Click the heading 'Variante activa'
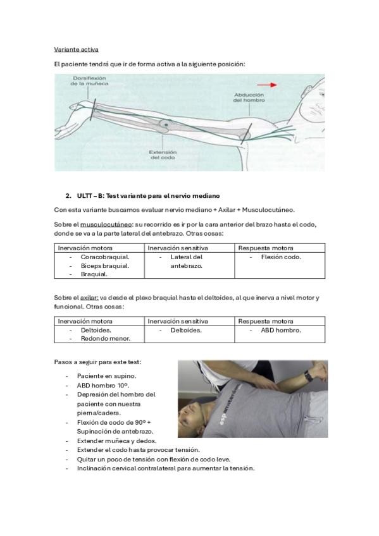point(77,49)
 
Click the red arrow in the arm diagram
point(267,85)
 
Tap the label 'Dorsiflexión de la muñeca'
point(89,81)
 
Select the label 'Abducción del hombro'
point(249,97)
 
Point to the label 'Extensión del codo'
point(163,155)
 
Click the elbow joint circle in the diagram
point(166,125)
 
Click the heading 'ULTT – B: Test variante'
point(148,196)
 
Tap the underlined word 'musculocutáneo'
point(106,224)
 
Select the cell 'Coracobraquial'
point(105,257)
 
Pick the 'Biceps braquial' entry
point(104,266)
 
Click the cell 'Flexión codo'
point(281,257)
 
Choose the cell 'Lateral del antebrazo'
point(187,262)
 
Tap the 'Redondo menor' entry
point(106,339)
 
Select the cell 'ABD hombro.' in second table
point(281,330)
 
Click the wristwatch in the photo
point(309,376)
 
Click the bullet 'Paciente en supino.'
point(106,376)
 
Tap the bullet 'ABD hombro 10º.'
point(103,386)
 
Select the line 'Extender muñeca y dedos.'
point(116,441)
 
